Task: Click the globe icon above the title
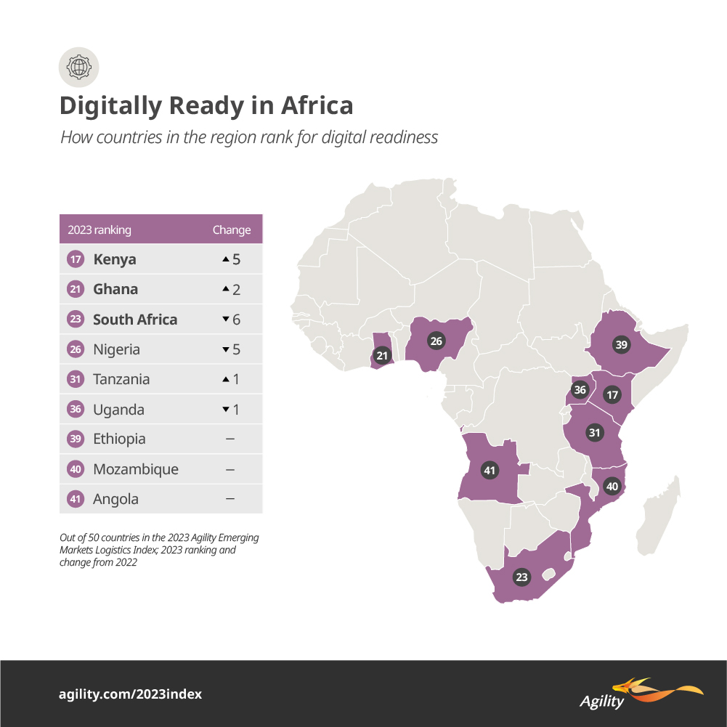pyautogui.click(x=78, y=68)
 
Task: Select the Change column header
pyautogui.click(x=231, y=230)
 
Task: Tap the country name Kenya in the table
pyautogui.click(x=114, y=259)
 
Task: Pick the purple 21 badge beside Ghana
pyautogui.click(x=76, y=290)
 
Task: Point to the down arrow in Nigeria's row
pyautogui.click(x=226, y=349)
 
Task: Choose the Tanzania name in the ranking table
pyautogui.click(x=121, y=379)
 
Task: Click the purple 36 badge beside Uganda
pyautogui.click(x=76, y=410)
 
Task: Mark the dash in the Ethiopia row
pyautogui.click(x=230, y=439)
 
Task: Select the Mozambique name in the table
pyautogui.click(x=135, y=469)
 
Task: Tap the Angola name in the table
pyautogui.click(x=115, y=499)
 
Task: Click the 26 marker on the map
pyautogui.click(x=436, y=341)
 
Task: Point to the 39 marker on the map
pyautogui.click(x=621, y=345)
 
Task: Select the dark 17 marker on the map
pyautogui.click(x=612, y=395)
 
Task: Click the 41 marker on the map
pyautogui.click(x=490, y=471)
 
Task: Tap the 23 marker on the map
pyautogui.click(x=521, y=577)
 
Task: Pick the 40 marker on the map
pyautogui.click(x=612, y=486)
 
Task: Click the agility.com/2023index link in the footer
pyautogui.click(x=131, y=694)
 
